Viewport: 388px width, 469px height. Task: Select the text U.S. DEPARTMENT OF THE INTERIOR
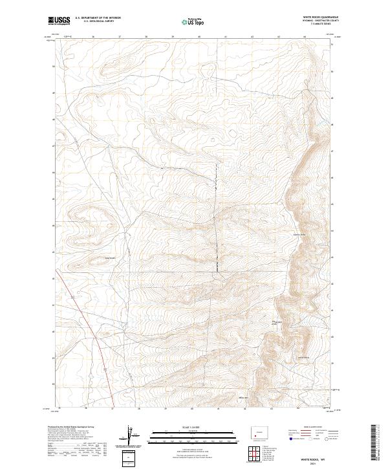click(x=98, y=19)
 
